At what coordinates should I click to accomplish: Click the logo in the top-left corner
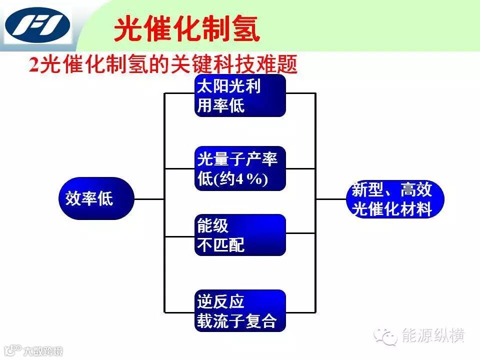point(37,26)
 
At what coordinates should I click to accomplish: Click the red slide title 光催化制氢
point(187,29)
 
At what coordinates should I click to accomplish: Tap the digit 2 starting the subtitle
point(34,65)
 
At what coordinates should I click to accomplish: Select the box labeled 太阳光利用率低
point(240,95)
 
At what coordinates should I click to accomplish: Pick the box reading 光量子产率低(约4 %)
point(240,168)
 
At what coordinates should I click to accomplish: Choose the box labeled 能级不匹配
point(240,235)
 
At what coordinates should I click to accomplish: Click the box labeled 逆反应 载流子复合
point(240,310)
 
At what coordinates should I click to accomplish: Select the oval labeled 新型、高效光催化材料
point(394,199)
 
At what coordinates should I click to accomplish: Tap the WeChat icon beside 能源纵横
point(387,336)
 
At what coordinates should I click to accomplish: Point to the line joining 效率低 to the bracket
point(149,199)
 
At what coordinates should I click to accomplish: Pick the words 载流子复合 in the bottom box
point(236,321)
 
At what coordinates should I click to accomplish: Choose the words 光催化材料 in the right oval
point(392,209)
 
